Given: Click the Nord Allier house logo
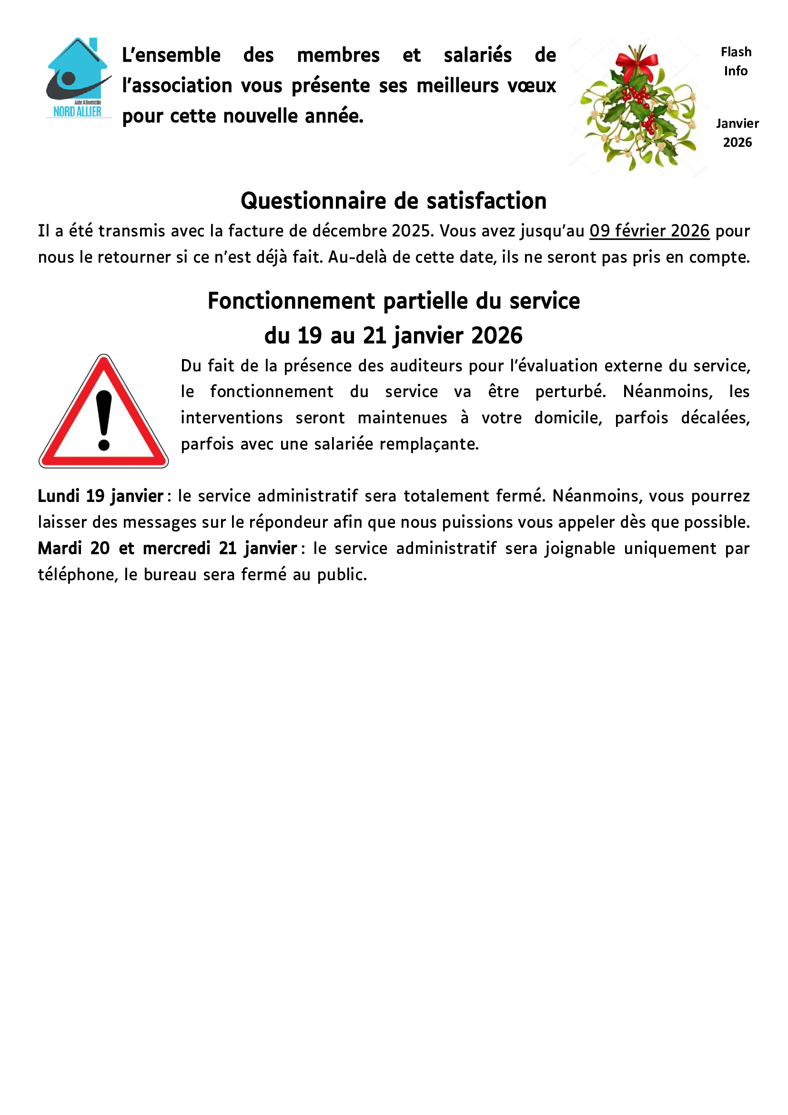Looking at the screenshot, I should pos(78,78).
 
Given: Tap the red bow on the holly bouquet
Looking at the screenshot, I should pos(637,62).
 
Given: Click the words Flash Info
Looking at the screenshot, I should pos(736,61).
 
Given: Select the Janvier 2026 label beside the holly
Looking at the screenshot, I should pos(737,133).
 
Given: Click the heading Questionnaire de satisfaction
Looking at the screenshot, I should pos(394,201).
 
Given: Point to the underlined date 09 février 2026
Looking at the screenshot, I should pos(649,231).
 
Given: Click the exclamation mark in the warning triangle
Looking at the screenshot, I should pos(104,420).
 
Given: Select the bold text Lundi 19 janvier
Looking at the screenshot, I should pos(101,496).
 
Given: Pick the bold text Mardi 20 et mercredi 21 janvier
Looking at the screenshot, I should pos(167,548).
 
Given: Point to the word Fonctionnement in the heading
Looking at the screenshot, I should pos(291,301).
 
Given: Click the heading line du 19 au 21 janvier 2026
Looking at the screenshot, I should pos(394,336).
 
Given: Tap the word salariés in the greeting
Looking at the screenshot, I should pos(477,55).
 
